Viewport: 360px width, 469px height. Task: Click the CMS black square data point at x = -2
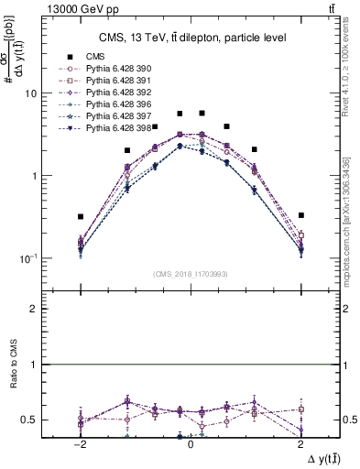tap(81, 217)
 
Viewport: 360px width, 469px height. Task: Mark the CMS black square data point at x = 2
tap(300, 215)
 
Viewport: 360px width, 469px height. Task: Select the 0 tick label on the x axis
tap(191, 443)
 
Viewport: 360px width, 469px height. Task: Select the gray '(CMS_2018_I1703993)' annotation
tap(190, 275)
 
